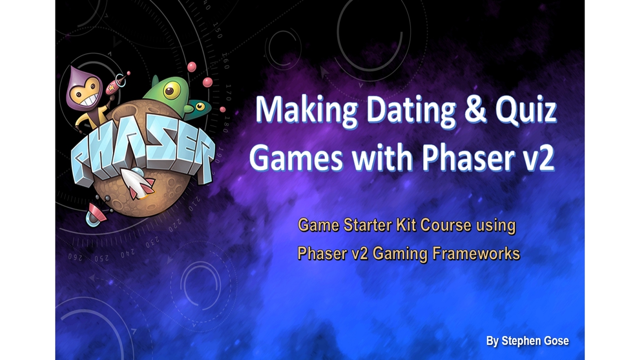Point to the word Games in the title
click(296, 158)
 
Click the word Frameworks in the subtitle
click(476, 253)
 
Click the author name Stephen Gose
click(535, 341)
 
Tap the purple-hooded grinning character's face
click(86, 91)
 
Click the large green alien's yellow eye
click(171, 91)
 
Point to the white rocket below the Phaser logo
click(136, 183)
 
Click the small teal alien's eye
click(200, 106)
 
